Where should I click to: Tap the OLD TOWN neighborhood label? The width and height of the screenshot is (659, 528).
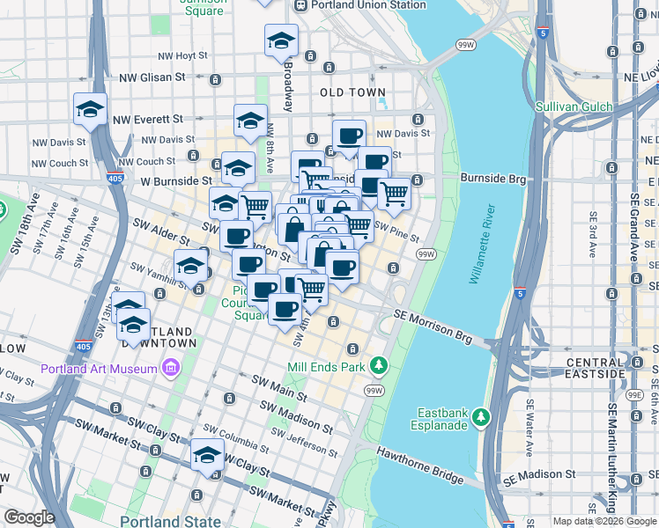tap(352, 92)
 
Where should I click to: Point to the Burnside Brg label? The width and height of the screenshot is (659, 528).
tap(492, 178)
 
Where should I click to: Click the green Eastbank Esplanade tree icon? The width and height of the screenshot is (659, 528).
tap(480, 414)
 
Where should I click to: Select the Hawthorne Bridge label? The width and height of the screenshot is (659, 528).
tap(419, 466)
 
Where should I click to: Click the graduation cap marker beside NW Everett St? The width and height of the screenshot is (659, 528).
tap(90, 109)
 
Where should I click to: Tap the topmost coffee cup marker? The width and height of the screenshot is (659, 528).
tap(349, 136)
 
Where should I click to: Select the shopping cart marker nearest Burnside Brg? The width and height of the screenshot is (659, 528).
tap(394, 193)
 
